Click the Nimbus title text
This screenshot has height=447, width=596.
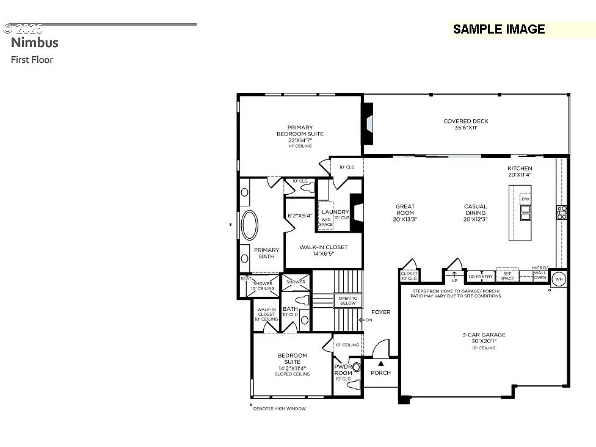point(35,42)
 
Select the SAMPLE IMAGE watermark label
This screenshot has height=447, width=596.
point(498,29)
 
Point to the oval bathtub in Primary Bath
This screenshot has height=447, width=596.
point(250,225)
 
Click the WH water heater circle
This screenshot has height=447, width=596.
point(558,279)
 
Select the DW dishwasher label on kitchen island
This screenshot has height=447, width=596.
point(525,199)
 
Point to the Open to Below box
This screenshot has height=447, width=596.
point(347,300)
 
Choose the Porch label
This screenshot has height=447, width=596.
point(380,372)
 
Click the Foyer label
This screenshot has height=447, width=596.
point(380,312)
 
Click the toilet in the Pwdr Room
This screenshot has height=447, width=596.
point(356,368)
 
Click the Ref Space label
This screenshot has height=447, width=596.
point(507,276)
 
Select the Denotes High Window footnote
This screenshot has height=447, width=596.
point(280,409)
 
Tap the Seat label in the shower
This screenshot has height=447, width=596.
point(245,278)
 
